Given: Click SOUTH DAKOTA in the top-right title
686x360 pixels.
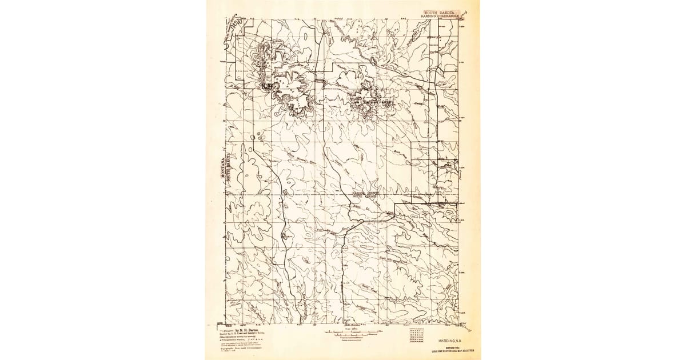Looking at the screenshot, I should pos(441,11).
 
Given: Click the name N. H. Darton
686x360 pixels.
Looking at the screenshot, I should pos(246,330).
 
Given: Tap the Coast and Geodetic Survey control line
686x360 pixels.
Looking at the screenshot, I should pos(243,334).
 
